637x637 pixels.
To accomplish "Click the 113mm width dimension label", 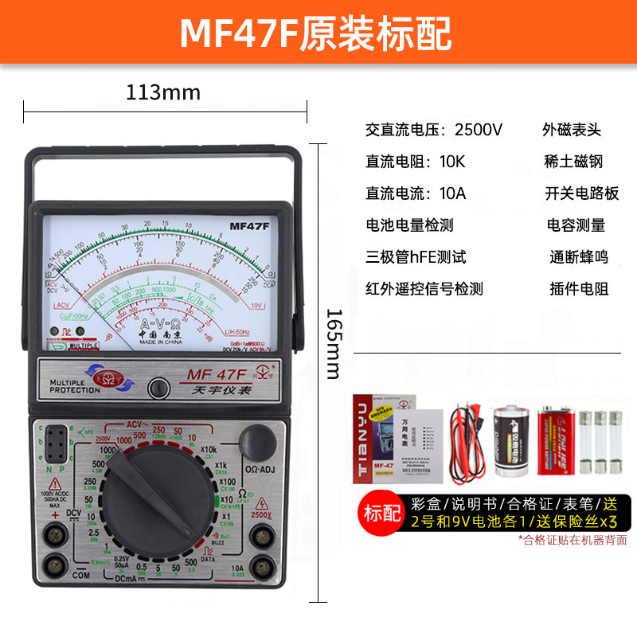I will [163, 92].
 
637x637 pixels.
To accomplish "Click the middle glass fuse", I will [600, 443].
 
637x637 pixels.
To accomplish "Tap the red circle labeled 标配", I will [382, 513].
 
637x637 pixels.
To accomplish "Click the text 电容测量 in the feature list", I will [576, 225].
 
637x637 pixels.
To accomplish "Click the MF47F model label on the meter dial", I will [250, 225].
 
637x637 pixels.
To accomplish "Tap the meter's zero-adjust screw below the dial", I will [158, 388].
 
